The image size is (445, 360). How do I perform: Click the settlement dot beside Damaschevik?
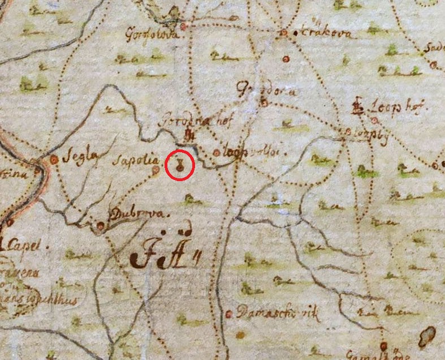coord(229,314)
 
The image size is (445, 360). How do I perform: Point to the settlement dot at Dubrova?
coord(101,226)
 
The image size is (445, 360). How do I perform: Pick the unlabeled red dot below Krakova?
coord(286,59)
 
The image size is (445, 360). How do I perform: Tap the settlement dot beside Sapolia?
coord(157,169)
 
